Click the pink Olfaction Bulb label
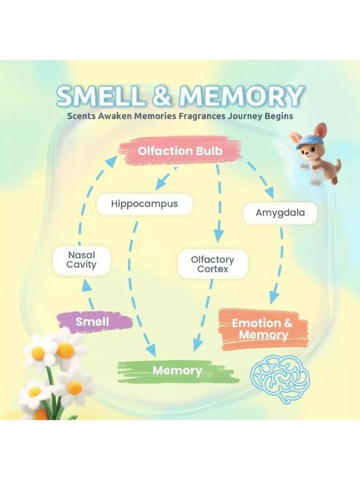[179, 151]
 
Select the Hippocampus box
[145, 204]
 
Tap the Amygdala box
[280, 213]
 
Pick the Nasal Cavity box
[82, 259]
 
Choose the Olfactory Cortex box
[213, 264]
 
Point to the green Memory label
[178, 371]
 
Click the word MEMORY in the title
[241, 96]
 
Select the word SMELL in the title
[99, 96]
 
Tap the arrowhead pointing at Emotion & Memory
[274, 297]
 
